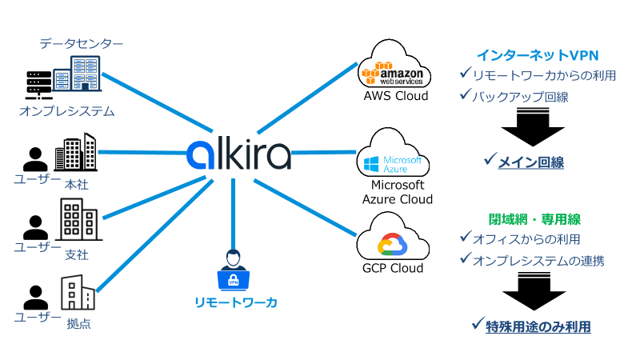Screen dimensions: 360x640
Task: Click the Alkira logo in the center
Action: coord(238,152)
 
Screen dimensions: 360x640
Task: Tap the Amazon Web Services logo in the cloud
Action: coord(394,74)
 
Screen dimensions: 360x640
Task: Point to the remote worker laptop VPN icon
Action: coord(234,275)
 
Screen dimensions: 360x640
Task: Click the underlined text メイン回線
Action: coord(531,162)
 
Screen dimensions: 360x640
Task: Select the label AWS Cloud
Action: coord(395,96)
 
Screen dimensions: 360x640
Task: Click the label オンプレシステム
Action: coord(67,111)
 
